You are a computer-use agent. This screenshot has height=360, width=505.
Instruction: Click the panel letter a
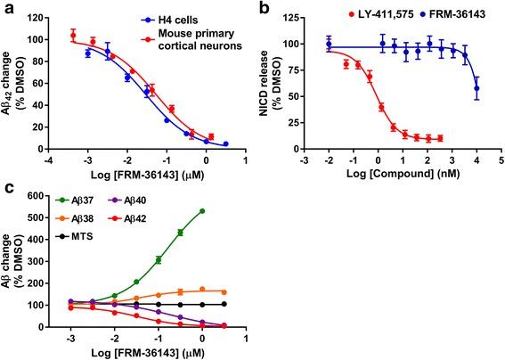coord(7,8)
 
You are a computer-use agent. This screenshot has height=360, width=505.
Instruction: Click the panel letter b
coord(264,8)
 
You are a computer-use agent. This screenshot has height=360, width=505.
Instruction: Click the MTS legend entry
coord(74,235)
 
